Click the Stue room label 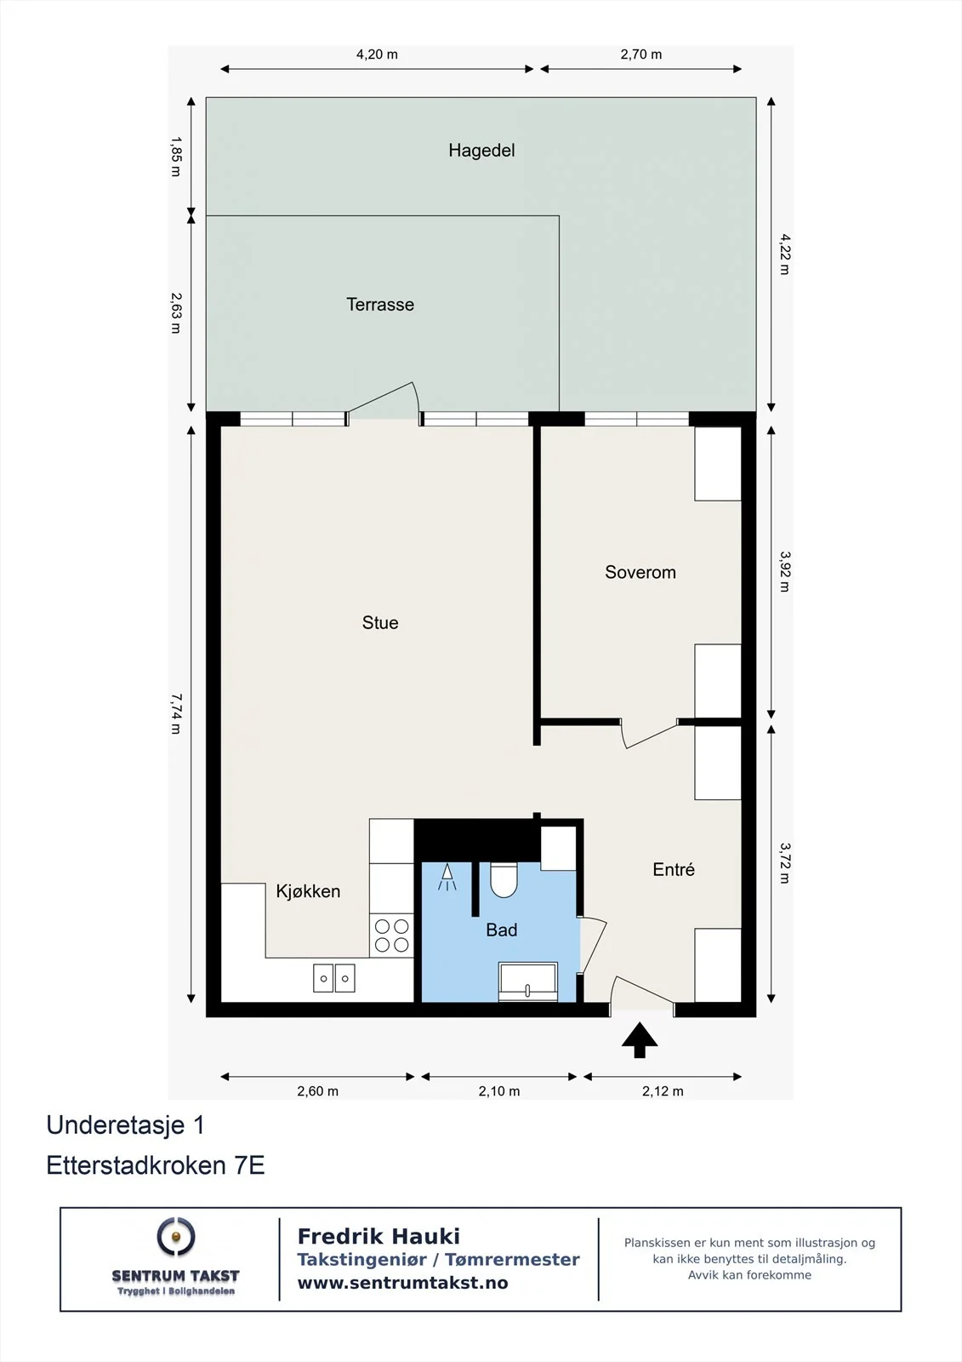pyautogui.click(x=380, y=622)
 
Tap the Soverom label pyautogui.click(x=640, y=572)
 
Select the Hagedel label pyautogui.click(x=481, y=150)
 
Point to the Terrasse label pyautogui.click(x=380, y=304)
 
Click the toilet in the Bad pyautogui.click(x=504, y=880)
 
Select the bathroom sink pyautogui.click(x=527, y=981)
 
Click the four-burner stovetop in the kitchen pyautogui.click(x=391, y=936)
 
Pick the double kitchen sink pyautogui.click(x=333, y=978)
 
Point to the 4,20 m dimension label pyautogui.click(x=377, y=54)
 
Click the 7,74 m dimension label pyautogui.click(x=175, y=714)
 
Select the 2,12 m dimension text pyautogui.click(x=663, y=1091)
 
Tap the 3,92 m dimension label pyautogui.click(x=784, y=571)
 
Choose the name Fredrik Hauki pyautogui.click(x=379, y=1236)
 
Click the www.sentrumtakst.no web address pyautogui.click(x=402, y=1283)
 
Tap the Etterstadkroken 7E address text pyautogui.click(x=156, y=1165)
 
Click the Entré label pyautogui.click(x=674, y=869)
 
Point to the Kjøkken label pyautogui.click(x=308, y=891)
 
